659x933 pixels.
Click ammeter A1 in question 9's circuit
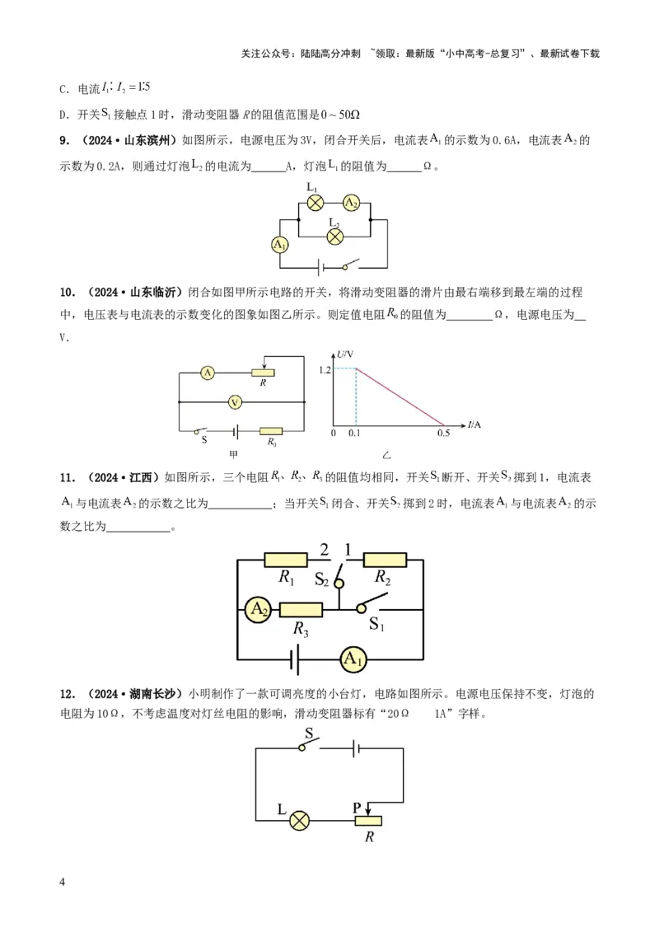coord(279,244)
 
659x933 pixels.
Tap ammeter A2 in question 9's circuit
coord(350,203)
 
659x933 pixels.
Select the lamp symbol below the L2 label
coord(335,236)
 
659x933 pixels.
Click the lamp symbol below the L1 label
coord(314,203)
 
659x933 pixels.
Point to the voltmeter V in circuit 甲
coord(235,401)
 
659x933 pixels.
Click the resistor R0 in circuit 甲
coord(271,430)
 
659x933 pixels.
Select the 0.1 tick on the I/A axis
coord(354,432)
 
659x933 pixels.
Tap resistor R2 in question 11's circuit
coord(385,560)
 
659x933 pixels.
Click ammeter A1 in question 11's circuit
coord(353,659)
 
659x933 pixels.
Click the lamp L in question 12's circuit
coord(301,820)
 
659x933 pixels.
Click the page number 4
coord(63,882)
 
